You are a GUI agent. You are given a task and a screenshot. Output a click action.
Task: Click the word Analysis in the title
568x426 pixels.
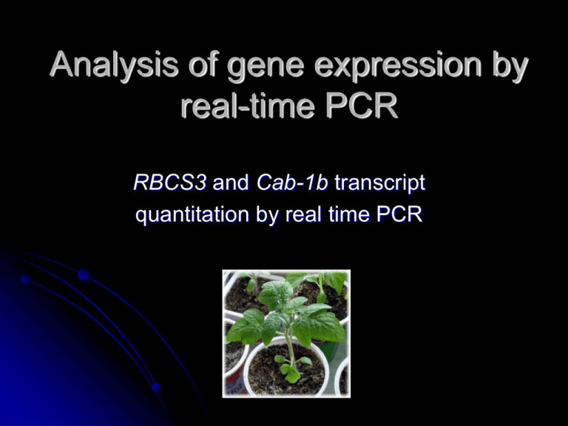(114, 65)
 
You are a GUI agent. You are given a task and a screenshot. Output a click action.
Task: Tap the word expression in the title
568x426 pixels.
(398, 67)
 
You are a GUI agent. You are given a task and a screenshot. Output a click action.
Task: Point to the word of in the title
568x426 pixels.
(203, 64)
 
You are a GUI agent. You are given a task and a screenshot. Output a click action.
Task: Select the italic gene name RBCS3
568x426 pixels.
(170, 183)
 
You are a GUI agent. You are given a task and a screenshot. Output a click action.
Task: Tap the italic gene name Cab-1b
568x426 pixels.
(292, 183)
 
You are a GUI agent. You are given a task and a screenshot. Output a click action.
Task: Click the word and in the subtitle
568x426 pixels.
(231, 183)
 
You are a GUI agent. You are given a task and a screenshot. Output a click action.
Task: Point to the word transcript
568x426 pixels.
(380, 183)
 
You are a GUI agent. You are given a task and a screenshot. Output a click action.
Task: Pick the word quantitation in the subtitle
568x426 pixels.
(192, 214)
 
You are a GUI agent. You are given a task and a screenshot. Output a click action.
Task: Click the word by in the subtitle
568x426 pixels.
(268, 214)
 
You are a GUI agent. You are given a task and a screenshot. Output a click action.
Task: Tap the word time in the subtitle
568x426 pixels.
(349, 214)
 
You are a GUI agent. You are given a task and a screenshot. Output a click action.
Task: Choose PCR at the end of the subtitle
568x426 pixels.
(399, 214)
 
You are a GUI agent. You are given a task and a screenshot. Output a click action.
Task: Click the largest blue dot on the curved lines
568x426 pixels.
(84, 274)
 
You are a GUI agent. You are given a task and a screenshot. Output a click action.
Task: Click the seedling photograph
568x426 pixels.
(286, 334)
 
